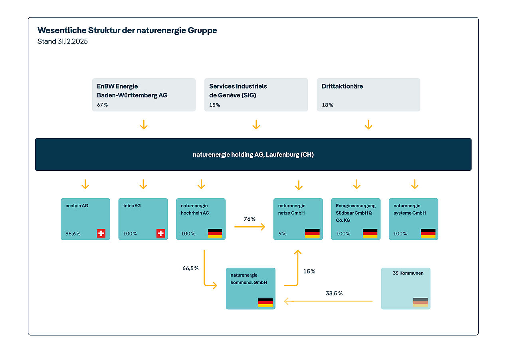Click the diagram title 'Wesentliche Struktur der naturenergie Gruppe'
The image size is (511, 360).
coord(127,30)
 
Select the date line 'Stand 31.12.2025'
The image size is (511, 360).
coord(62,41)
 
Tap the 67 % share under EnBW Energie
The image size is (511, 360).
coord(102,105)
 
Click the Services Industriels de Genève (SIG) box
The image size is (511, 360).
coord(256,95)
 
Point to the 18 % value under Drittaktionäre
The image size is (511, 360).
coord(327,105)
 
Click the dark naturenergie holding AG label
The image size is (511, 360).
coord(253,154)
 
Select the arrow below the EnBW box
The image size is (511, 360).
coord(144,125)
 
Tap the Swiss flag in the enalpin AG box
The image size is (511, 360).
coord(101,233)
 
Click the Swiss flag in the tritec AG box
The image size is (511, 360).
coord(160,233)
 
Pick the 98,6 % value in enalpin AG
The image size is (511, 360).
coord(73,234)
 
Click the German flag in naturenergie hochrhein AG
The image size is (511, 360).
coord(215,233)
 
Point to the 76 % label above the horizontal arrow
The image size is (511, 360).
coord(250,219)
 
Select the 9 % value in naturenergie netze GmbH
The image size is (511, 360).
coord(282,234)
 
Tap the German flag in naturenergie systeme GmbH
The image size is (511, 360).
coord(428,233)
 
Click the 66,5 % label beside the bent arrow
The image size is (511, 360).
coord(190,268)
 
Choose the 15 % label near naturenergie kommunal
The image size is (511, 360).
coord(309,271)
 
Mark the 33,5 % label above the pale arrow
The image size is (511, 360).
coord(334,293)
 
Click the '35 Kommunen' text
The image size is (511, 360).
coord(408,273)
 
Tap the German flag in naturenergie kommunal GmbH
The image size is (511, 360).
coord(265,303)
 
